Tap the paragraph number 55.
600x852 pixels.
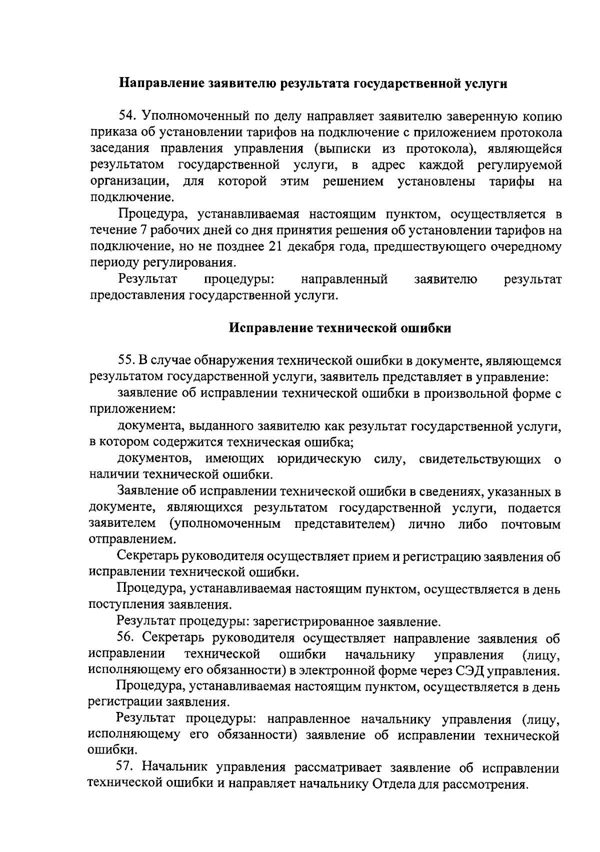pos(126,361)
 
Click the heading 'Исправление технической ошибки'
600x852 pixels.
pos(340,328)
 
